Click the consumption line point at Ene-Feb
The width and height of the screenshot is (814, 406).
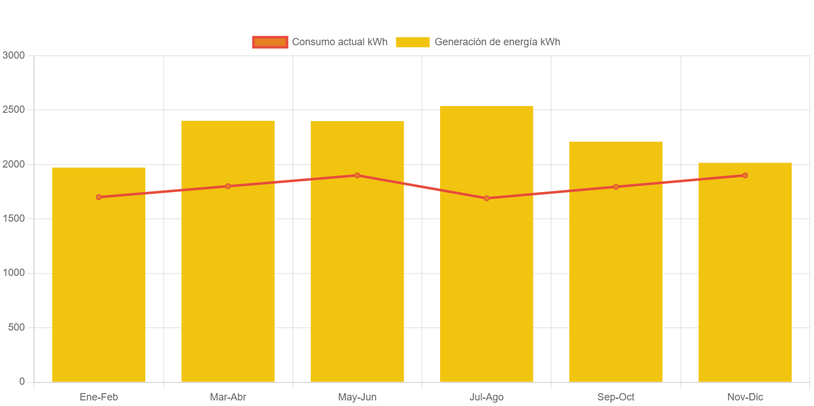(98, 197)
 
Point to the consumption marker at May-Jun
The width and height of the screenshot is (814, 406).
(357, 175)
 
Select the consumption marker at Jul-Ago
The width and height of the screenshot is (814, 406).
(486, 198)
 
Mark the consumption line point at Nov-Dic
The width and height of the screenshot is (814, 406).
(745, 175)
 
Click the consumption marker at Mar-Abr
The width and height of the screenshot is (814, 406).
(228, 186)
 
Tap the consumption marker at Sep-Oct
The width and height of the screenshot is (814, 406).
(616, 187)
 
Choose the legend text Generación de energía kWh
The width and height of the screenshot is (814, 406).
(497, 42)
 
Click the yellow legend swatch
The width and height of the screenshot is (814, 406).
(413, 42)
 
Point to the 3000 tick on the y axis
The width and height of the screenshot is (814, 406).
(14, 55)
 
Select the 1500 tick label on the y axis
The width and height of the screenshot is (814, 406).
(14, 218)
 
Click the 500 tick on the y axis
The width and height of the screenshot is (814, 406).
(17, 327)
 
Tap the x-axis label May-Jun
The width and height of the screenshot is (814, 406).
(357, 397)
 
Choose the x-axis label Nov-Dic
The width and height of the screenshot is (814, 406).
(745, 397)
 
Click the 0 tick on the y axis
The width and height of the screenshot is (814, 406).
(22, 381)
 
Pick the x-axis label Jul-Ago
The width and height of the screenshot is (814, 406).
(486, 397)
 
